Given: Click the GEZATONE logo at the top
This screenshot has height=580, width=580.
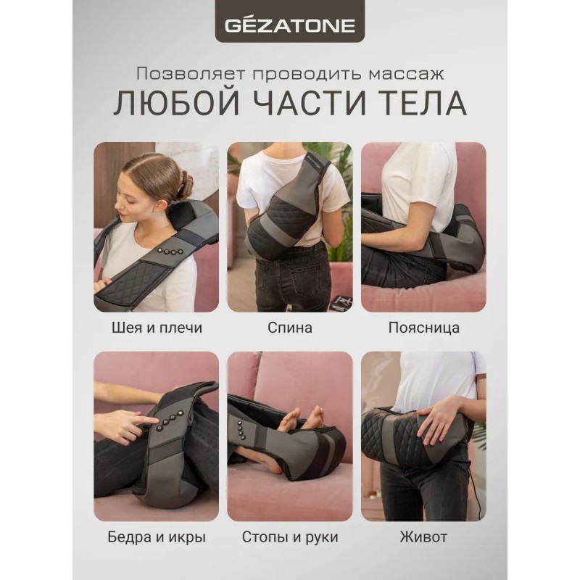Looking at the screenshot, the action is (x=290, y=25).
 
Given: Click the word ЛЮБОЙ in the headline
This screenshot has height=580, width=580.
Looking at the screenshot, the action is (x=176, y=103).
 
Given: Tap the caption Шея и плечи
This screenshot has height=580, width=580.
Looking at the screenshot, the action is (x=157, y=328).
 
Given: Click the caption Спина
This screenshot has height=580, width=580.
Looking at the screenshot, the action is (x=289, y=328).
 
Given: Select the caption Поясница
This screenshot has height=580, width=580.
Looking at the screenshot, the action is (x=423, y=328).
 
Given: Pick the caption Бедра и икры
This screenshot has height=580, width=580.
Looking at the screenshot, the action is (x=157, y=536).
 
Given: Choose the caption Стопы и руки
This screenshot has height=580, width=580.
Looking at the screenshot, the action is (x=290, y=536).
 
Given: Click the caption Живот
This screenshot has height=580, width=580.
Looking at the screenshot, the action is (x=423, y=536).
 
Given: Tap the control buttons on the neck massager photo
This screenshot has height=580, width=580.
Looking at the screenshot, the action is (x=170, y=252).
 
